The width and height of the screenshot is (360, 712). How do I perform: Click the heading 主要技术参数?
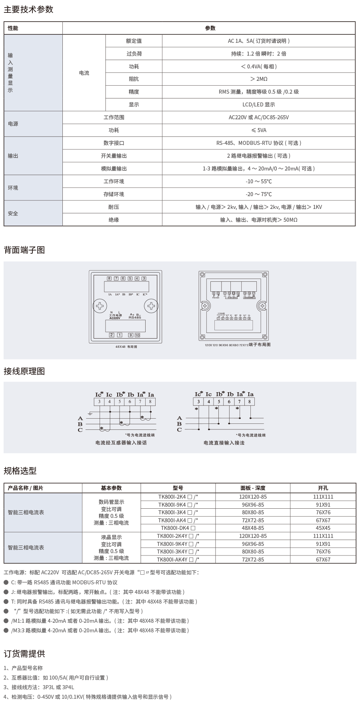click(x=28, y=10)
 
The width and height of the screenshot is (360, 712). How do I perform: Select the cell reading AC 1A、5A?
click(x=258, y=41)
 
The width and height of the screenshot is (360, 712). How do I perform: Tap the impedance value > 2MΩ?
click(x=258, y=79)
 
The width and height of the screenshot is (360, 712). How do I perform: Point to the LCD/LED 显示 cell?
click(x=258, y=104)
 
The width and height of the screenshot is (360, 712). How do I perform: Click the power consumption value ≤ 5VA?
click(x=258, y=130)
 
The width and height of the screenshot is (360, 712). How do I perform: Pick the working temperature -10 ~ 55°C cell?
click(x=258, y=181)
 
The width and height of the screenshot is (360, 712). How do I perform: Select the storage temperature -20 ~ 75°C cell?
click(x=258, y=194)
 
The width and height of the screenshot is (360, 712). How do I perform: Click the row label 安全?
click(x=13, y=213)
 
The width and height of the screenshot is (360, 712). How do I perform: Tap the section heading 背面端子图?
click(x=24, y=250)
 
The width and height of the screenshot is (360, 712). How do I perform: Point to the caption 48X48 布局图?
click(x=126, y=347)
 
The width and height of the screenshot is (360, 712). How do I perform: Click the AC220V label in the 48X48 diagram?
click(x=115, y=318)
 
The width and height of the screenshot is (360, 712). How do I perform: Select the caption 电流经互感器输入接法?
click(x=121, y=443)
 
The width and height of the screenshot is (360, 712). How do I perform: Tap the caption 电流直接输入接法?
click(x=224, y=443)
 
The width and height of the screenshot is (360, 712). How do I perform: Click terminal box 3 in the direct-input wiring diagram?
click(x=198, y=401)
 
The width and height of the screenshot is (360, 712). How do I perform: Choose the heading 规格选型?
click(x=20, y=471)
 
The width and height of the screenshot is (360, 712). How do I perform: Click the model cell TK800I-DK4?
click(x=178, y=528)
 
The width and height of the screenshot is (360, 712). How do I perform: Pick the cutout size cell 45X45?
click(x=323, y=528)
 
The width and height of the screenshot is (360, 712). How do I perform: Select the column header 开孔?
click(x=323, y=488)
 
